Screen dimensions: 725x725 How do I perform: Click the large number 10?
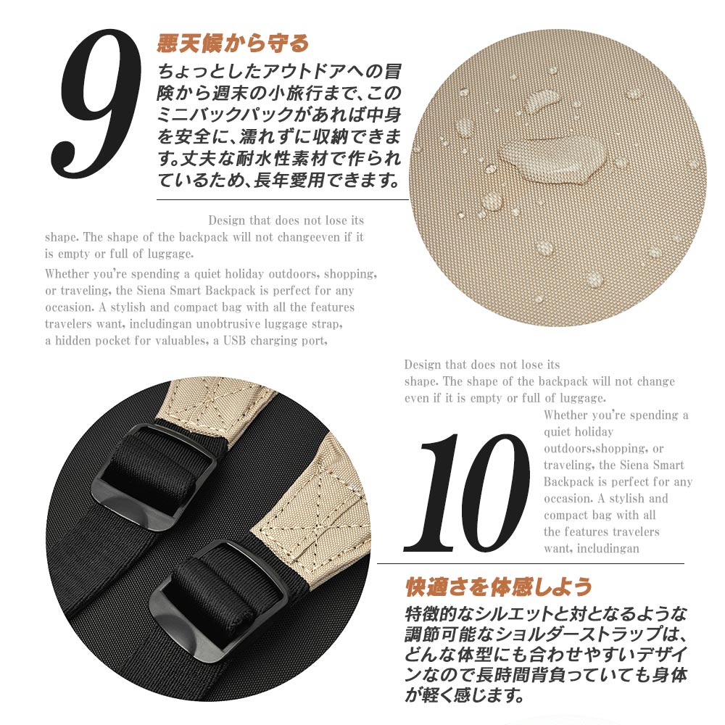(468, 493)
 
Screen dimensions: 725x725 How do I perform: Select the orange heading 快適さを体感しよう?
(499, 587)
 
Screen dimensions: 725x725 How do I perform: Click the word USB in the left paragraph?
(235, 341)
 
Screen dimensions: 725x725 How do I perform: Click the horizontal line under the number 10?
(531, 563)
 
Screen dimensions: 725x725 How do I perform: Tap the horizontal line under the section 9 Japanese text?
(283, 200)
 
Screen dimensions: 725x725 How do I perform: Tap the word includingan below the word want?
(608, 549)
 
